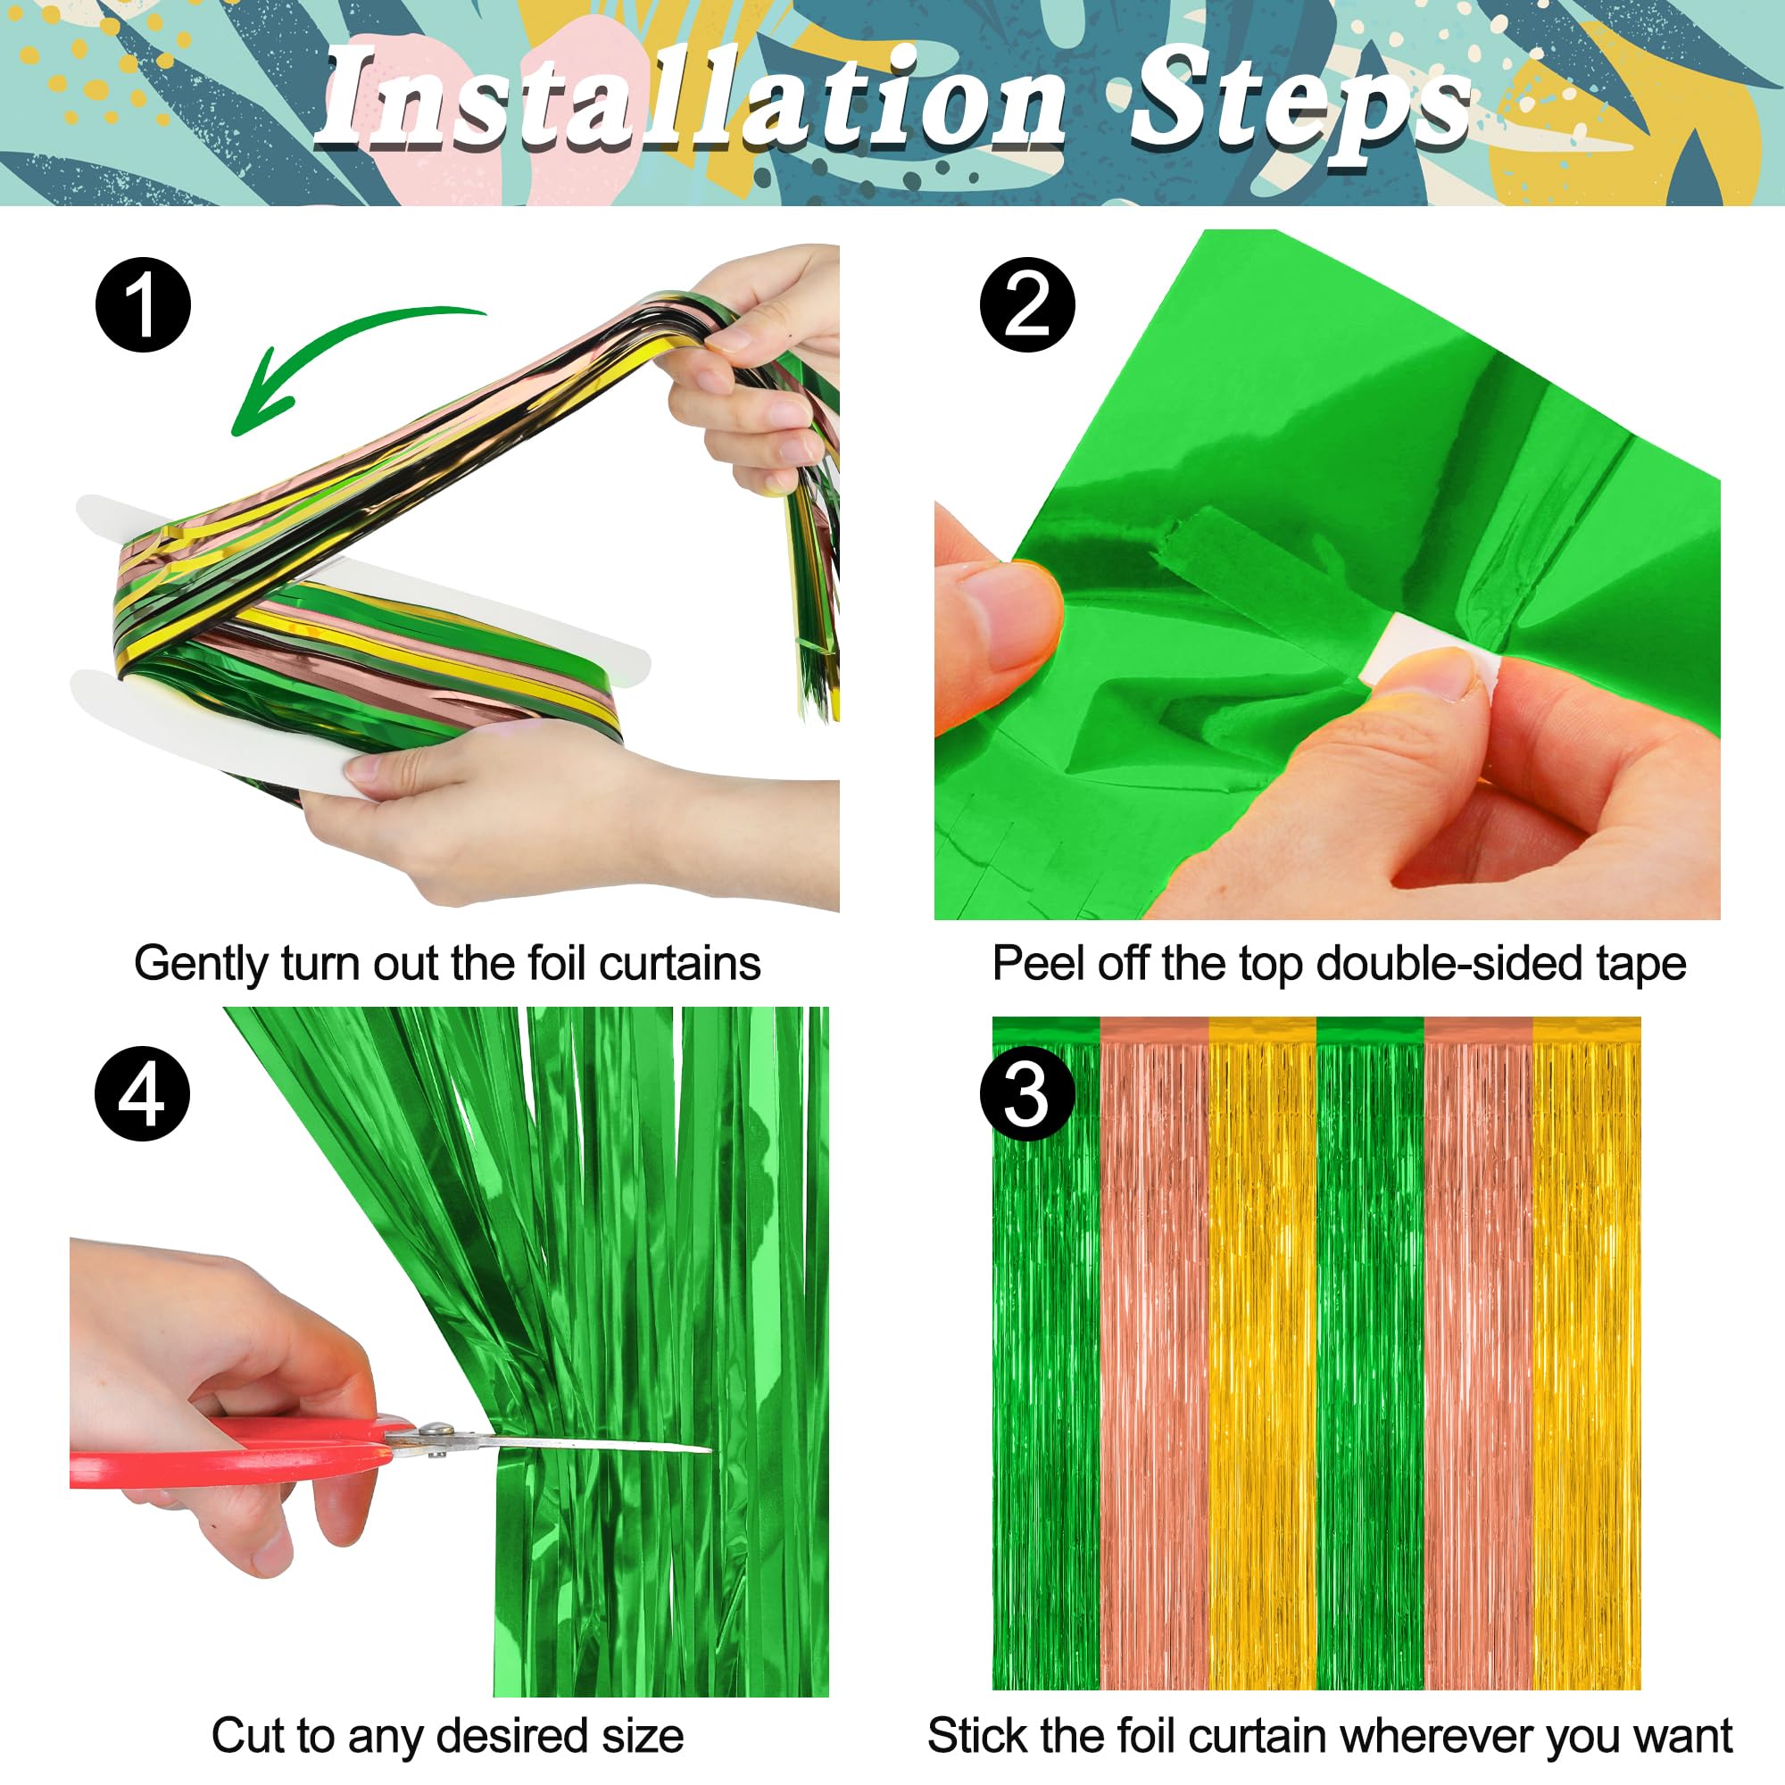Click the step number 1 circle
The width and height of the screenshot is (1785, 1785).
[143, 305]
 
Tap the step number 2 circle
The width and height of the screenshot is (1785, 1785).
[1027, 305]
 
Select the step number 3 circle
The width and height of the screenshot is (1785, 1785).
[1026, 1094]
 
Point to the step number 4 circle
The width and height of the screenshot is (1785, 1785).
[143, 1094]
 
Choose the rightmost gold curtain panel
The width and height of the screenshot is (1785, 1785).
[1585, 1367]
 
